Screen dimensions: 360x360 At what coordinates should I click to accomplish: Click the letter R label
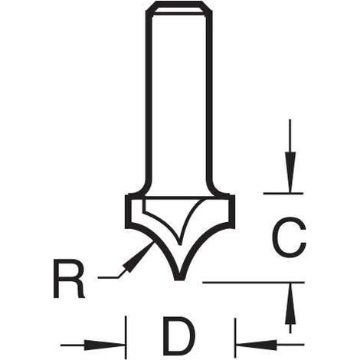(69, 279)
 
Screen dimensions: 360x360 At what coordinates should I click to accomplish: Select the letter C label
(289, 237)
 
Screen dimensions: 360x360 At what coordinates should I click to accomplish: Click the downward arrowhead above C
(290, 172)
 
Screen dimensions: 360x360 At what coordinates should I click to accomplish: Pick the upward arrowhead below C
(290, 304)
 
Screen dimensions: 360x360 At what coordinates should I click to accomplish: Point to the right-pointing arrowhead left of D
(104, 345)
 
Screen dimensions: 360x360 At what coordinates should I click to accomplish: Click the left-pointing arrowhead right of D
(257, 345)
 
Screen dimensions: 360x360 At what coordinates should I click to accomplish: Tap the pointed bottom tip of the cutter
(179, 280)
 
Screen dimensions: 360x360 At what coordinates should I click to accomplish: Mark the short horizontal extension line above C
(283, 194)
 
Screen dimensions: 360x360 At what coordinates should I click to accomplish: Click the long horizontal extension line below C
(254, 283)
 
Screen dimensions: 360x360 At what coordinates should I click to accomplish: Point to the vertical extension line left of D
(126, 338)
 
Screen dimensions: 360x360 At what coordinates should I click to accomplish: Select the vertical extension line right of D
(235, 338)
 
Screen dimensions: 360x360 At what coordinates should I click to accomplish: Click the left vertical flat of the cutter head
(126, 211)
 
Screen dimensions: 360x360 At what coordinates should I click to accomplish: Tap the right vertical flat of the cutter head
(233, 211)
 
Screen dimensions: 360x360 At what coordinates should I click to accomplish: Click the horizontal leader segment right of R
(108, 277)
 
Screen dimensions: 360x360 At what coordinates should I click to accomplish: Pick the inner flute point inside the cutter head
(180, 244)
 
